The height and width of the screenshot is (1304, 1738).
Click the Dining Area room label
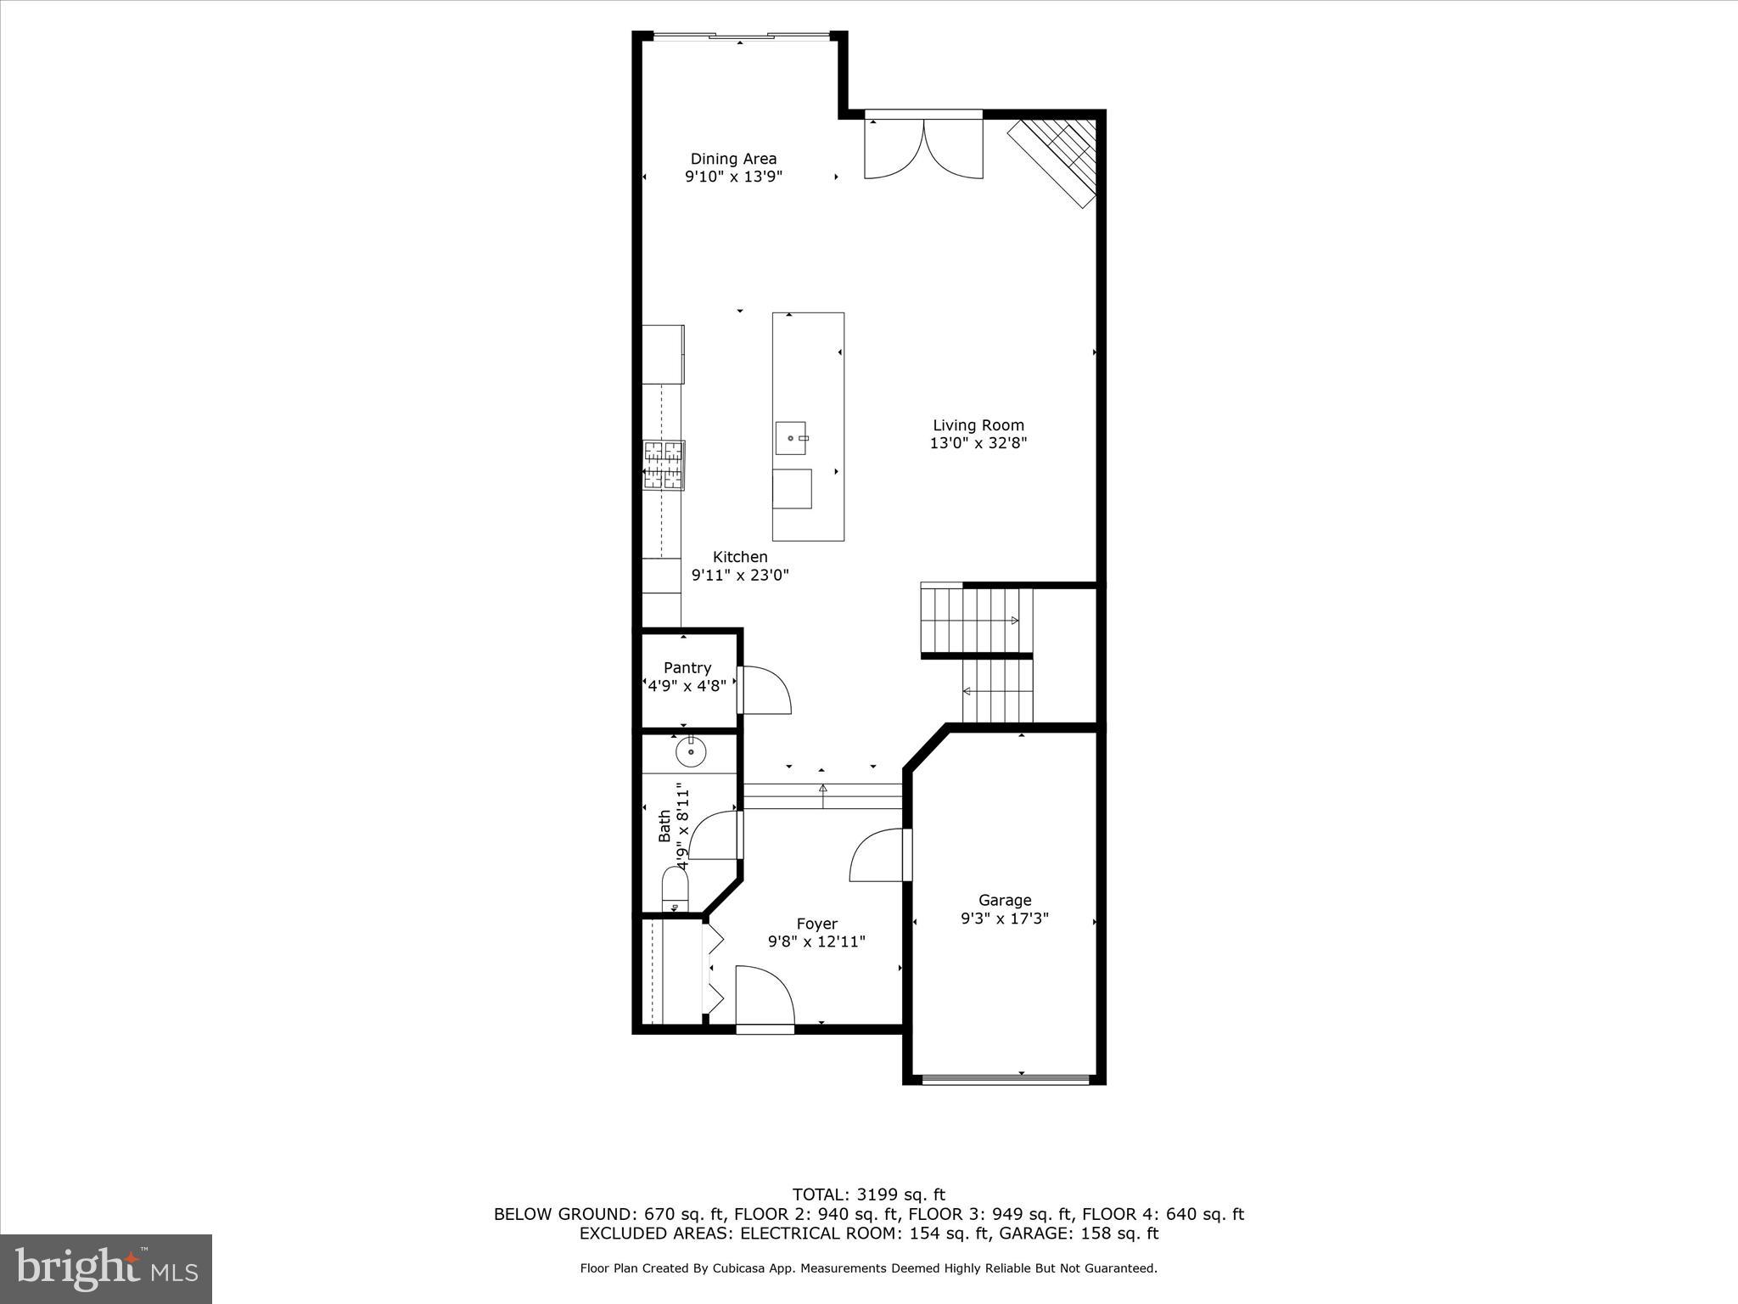click(733, 159)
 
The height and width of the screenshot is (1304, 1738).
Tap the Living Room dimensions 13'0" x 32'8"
click(978, 443)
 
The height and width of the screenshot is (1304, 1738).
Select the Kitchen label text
click(740, 557)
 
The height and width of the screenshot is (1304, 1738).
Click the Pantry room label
click(687, 668)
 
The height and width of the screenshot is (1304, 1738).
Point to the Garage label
click(1005, 900)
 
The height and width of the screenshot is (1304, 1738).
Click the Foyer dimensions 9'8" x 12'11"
click(816, 941)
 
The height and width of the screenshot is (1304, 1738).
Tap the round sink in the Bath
click(691, 752)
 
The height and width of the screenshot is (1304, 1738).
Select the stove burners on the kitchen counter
click(664, 465)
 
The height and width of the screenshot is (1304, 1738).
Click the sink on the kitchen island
click(790, 439)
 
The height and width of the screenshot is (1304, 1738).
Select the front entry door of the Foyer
click(764, 998)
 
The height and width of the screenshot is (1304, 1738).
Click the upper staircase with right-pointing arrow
click(976, 621)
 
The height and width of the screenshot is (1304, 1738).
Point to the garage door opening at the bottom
click(1005, 1080)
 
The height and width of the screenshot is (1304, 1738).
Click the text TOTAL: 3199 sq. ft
click(868, 1195)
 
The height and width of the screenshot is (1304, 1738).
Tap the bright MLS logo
click(106, 1268)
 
